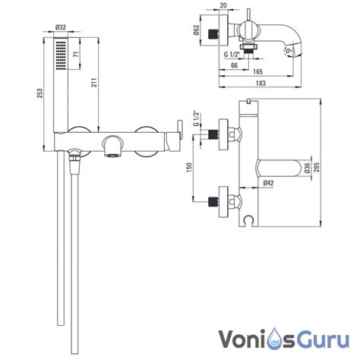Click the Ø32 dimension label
[60, 27]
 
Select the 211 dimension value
[94, 82]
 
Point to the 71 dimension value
[76, 54]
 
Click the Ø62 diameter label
[197, 30]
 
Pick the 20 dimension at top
[223, 5]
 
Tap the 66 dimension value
[235, 65]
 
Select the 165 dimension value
[257, 71]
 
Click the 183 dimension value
[261, 83]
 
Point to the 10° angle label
[288, 50]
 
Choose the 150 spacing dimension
[189, 167]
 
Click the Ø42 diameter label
[268, 183]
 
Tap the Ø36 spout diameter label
[307, 168]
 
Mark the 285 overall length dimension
[316, 167]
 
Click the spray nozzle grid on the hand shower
[61, 55]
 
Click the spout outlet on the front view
[112, 156]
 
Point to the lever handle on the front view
[180, 129]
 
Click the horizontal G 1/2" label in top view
[232, 54]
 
